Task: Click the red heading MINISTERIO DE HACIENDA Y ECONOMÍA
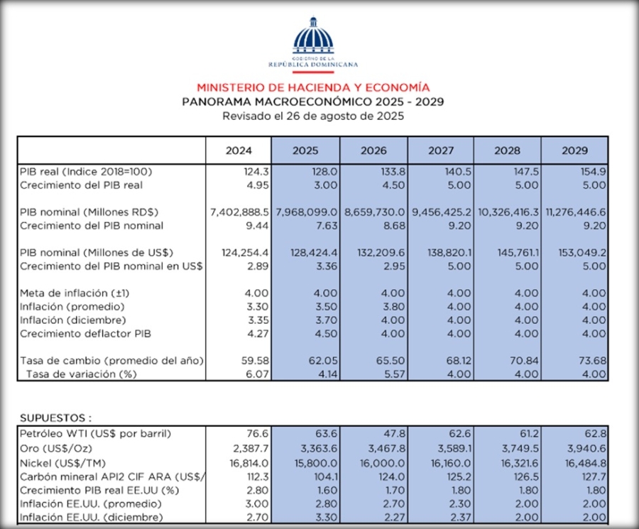click(x=312, y=87)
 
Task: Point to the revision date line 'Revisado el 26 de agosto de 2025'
click(x=312, y=116)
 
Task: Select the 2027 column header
click(x=440, y=151)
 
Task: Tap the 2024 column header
click(x=238, y=151)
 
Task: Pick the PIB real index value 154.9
click(x=593, y=172)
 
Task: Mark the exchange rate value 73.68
click(x=592, y=361)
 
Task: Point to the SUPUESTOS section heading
click(x=56, y=418)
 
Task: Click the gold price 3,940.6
click(x=587, y=447)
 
